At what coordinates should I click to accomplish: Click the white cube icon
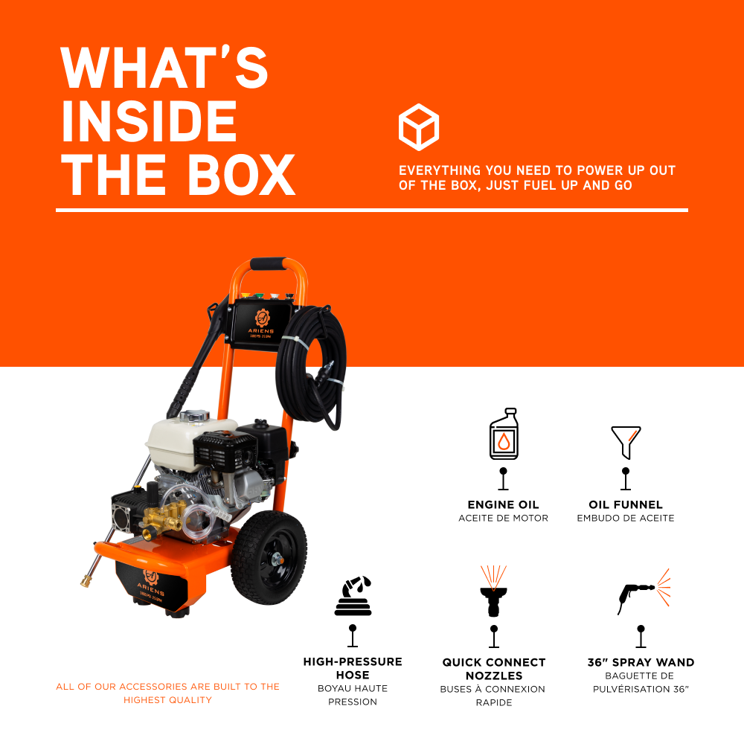(x=419, y=126)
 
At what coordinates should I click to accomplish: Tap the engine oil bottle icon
(x=504, y=434)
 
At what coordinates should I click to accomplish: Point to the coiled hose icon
(x=353, y=596)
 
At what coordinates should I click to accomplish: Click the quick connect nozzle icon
(x=493, y=592)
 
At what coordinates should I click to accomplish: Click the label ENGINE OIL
(x=503, y=504)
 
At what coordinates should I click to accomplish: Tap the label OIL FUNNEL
(x=626, y=504)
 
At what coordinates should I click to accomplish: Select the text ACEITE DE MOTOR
(x=503, y=518)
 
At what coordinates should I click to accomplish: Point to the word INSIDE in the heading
(x=149, y=122)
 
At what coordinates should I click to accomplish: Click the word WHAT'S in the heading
(x=164, y=68)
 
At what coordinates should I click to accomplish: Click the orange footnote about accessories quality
(x=168, y=693)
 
